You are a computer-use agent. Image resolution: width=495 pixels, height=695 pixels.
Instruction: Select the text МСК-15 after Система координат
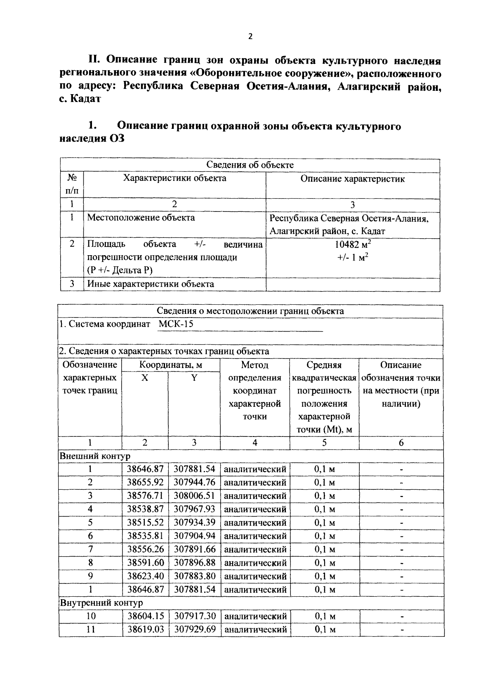pos(176,324)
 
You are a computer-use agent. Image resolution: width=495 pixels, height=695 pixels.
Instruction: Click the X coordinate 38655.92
pos(145,482)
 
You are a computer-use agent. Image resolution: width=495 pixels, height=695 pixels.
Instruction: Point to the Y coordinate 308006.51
pos(194,496)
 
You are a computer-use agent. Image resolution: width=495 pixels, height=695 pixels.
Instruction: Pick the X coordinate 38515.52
pos(145,522)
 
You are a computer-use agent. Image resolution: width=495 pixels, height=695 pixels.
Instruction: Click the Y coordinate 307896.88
pos(194,562)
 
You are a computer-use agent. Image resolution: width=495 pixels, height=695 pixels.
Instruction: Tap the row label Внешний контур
pos(95,456)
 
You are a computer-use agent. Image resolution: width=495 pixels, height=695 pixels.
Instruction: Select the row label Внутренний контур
pos(101,603)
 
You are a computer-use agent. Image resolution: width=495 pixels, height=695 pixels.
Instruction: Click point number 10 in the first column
pos(90,616)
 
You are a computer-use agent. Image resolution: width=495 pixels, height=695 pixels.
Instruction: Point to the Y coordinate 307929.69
pos(194,629)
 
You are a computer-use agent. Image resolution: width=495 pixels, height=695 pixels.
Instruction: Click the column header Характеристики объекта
pos(175,178)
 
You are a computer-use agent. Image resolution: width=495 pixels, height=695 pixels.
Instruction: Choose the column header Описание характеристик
pos(353,179)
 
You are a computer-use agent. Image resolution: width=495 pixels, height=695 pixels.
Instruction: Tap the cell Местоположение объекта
pos(141,218)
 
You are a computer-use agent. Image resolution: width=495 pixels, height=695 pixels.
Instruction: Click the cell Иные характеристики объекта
pos(151,284)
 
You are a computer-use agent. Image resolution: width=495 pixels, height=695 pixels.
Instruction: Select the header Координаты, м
pos(171,365)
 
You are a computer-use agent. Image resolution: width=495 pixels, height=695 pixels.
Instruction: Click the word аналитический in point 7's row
pos(255,549)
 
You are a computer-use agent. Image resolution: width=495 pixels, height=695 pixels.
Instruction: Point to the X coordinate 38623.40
pos(145,576)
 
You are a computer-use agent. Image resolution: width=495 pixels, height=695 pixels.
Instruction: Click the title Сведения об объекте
pos(250,165)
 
